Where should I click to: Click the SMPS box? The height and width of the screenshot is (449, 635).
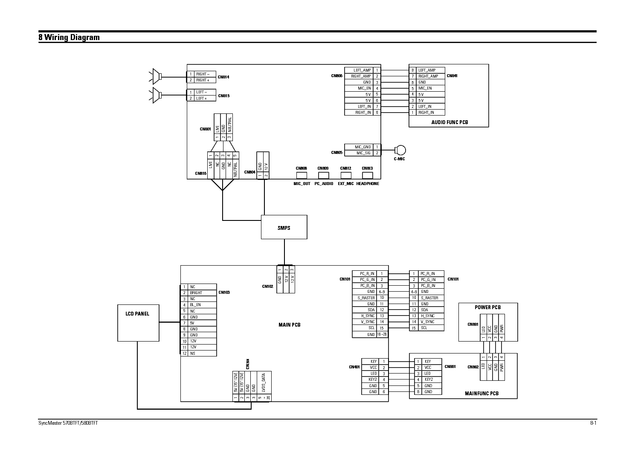coord(284,227)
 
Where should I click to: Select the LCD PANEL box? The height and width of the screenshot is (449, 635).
coord(138,323)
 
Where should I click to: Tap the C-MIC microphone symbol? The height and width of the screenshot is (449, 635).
coord(400,150)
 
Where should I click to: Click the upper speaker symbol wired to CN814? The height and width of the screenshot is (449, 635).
coord(157,77)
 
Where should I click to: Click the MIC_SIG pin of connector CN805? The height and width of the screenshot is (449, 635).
coord(363,153)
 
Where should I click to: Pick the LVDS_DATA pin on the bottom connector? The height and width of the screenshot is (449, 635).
coord(264,383)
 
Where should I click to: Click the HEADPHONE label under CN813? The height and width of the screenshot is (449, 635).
coord(368,184)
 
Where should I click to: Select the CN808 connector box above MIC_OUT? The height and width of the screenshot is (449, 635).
coord(302,175)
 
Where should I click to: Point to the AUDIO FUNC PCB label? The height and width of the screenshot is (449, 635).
coord(449,122)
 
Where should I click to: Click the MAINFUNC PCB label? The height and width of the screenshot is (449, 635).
coord(481,394)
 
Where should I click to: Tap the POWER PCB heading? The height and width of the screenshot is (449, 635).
coord(487,307)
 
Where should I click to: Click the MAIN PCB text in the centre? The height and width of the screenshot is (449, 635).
coord(289,325)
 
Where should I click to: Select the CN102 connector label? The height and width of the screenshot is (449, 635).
coord(267,287)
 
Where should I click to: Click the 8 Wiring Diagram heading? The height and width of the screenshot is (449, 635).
coord(69,38)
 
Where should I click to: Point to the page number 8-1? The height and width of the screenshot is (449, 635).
coord(593,423)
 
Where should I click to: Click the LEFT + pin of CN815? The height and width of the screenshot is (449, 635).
coord(202,98)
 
